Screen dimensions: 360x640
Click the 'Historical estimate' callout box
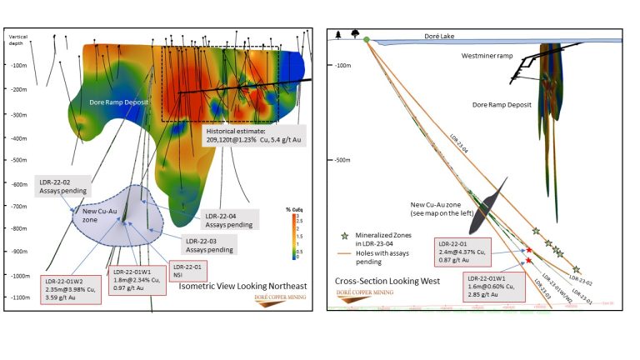tap(254, 135)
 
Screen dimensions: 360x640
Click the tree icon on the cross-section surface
tap(356, 34)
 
